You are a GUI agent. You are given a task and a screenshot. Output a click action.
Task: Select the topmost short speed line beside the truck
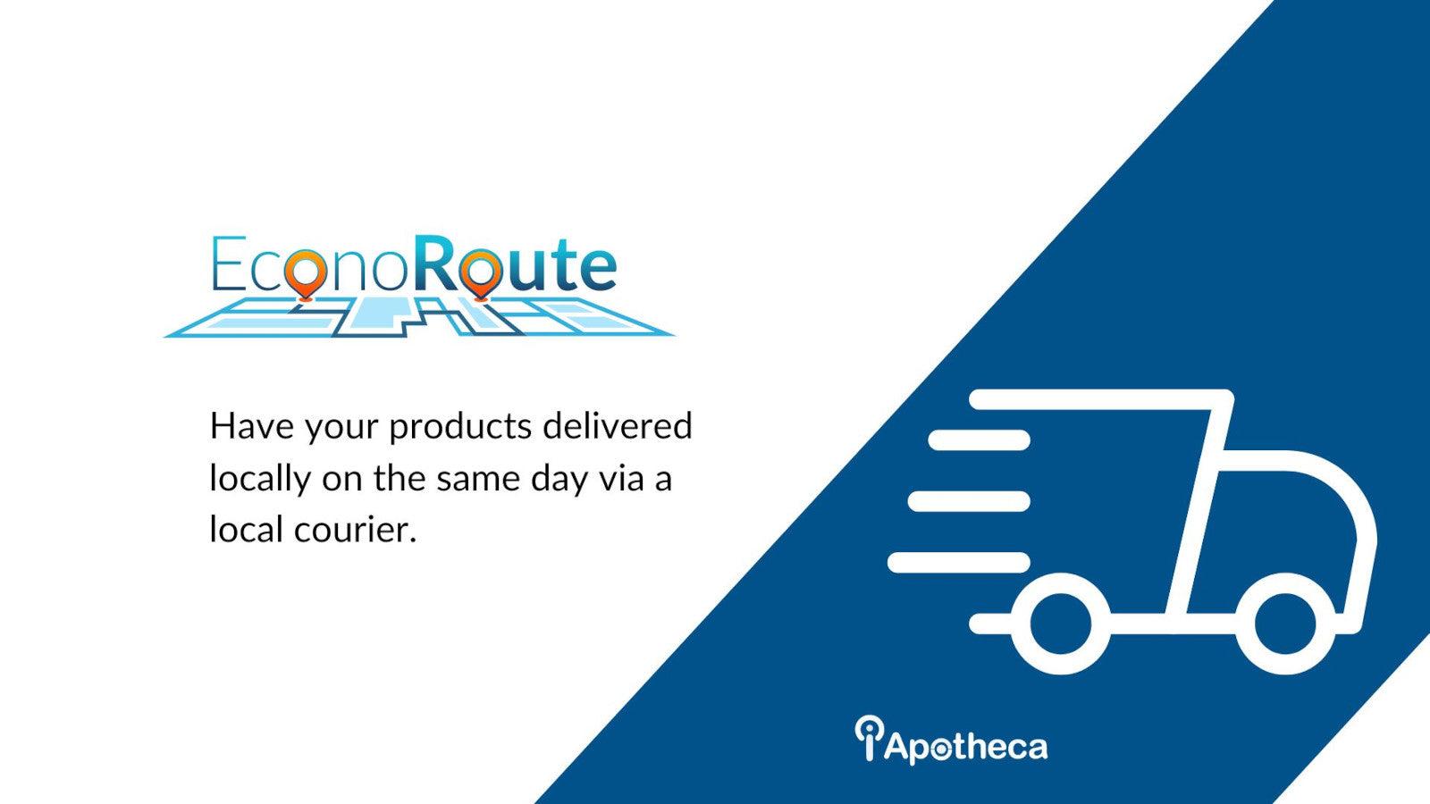[x=979, y=440]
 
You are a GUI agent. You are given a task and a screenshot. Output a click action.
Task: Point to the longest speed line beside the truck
[x=958, y=562]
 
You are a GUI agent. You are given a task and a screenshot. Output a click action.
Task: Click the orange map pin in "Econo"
[x=307, y=267]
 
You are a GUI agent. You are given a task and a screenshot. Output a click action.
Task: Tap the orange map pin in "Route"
[x=483, y=267]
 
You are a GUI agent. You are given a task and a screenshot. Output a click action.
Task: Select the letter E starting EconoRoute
[x=227, y=265]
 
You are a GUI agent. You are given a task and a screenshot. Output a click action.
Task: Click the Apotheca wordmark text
[x=965, y=746]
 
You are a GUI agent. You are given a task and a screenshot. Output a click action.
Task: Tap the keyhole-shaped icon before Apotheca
[x=868, y=737]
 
